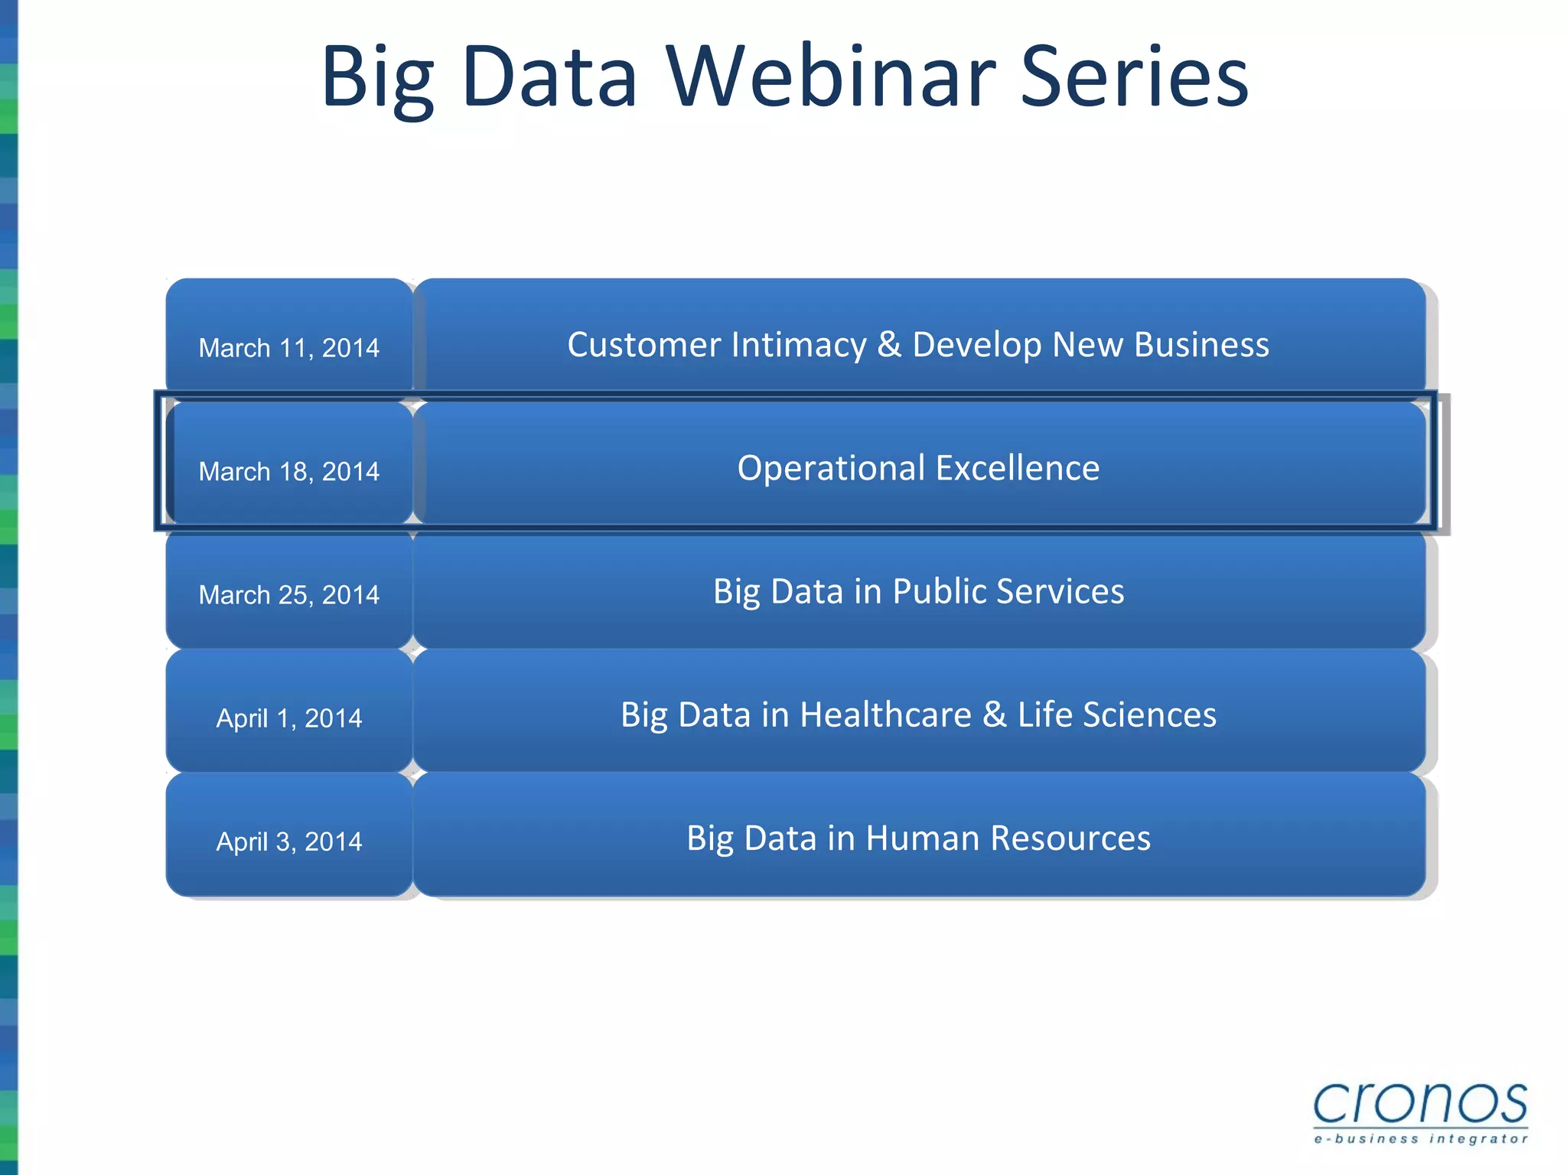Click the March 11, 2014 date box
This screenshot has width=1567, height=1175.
(x=289, y=348)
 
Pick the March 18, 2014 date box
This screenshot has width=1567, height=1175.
(x=289, y=471)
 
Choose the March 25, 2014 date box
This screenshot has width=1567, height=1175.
(x=289, y=594)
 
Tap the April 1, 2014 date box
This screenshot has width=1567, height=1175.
(x=289, y=718)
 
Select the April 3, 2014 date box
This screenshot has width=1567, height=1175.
(x=289, y=841)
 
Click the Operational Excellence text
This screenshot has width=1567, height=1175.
(x=918, y=468)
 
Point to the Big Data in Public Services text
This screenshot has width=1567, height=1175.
(x=918, y=591)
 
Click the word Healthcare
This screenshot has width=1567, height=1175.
(x=885, y=714)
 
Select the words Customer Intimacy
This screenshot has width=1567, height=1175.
(x=717, y=345)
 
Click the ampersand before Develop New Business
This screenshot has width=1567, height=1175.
(x=889, y=345)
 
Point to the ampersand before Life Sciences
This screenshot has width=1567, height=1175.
(x=994, y=714)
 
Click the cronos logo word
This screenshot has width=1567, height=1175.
(x=1420, y=1104)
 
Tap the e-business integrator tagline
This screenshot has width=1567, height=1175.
(x=1420, y=1139)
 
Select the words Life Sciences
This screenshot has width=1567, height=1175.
(x=1116, y=714)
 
